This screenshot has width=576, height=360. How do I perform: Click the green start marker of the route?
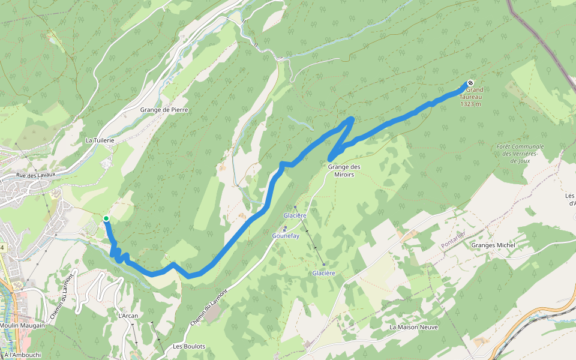click(x=106, y=218)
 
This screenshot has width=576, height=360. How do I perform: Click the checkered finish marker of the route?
click(x=470, y=83)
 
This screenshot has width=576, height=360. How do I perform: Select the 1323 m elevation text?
click(x=471, y=104)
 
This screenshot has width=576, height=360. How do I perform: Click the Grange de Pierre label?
click(x=164, y=110)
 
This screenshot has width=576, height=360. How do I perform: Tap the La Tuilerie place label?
click(x=100, y=140)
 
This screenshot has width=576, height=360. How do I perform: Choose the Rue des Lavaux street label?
click(x=35, y=175)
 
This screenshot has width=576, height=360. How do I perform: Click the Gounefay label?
click(x=285, y=236)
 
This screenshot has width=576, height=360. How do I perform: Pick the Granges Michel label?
click(x=494, y=245)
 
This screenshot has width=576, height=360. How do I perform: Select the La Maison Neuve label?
click(x=413, y=327)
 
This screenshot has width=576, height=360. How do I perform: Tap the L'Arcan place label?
click(x=128, y=316)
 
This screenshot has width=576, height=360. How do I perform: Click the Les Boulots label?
click(x=189, y=346)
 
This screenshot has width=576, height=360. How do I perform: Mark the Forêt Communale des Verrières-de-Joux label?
click(x=520, y=154)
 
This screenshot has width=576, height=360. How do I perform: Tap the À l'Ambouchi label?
click(x=22, y=355)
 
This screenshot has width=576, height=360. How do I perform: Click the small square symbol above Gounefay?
click(x=285, y=228)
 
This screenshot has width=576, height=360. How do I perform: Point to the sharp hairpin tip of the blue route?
click(x=350, y=119)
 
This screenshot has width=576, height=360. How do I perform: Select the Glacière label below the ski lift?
click(x=323, y=273)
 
